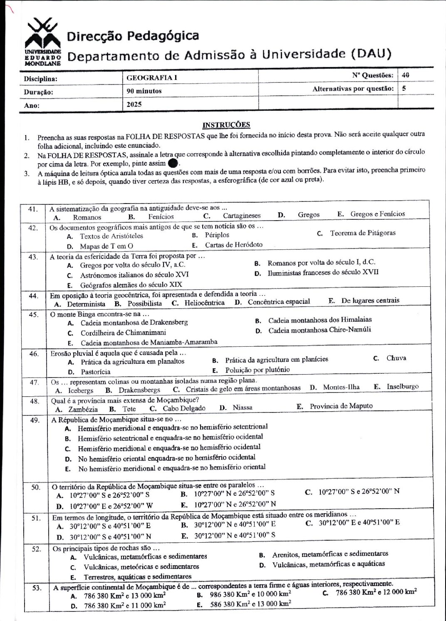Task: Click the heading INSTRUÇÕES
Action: [x=226, y=124]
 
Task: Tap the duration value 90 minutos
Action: [x=144, y=91]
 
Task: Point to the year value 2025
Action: [x=134, y=104]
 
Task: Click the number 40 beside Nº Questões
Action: [x=406, y=75]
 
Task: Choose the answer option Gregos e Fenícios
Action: [x=377, y=214]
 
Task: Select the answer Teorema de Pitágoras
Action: [x=363, y=233]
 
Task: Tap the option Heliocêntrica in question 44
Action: [x=204, y=303]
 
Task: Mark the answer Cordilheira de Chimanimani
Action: [x=123, y=333]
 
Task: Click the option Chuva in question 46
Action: [x=396, y=358]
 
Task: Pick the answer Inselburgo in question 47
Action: [x=402, y=387]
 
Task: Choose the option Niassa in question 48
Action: [x=243, y=407]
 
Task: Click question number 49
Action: [x=35, y=420]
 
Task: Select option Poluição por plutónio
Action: [x=258, y=370]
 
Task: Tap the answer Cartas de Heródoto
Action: [x=233, y=245]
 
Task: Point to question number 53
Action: [x=37, y=588]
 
